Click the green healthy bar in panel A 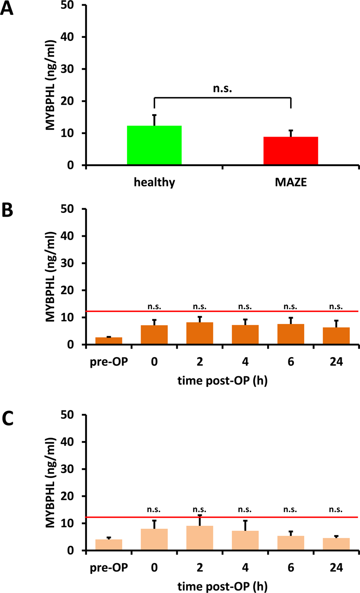coord(154,145)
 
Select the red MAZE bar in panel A coord(291,151)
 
